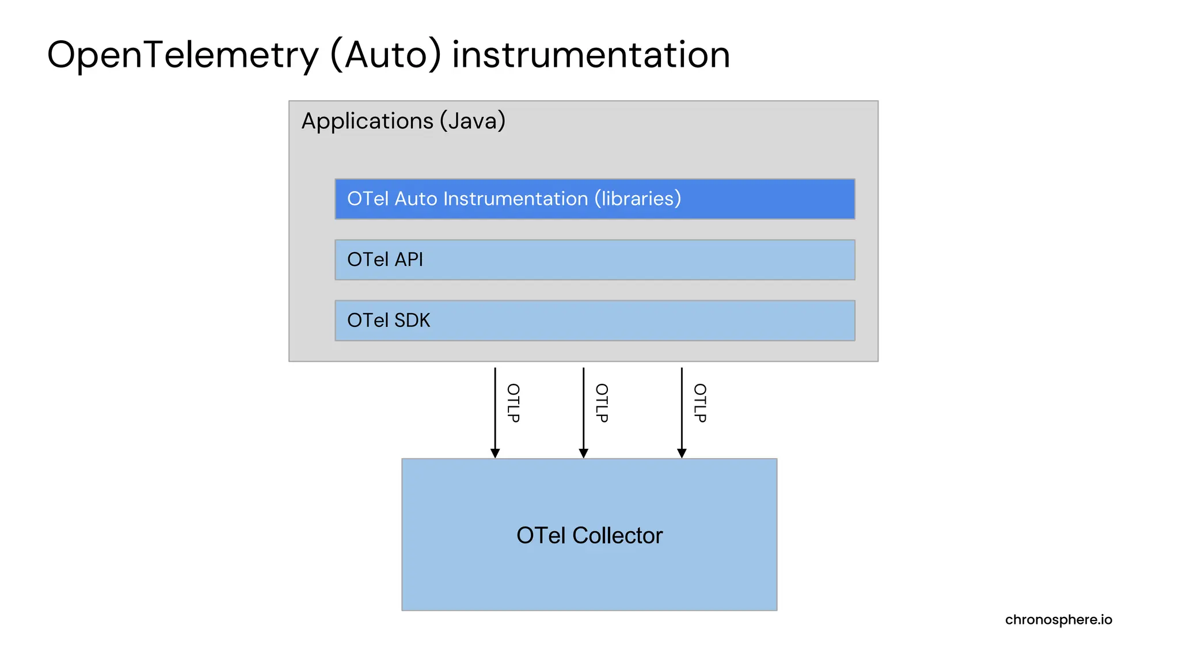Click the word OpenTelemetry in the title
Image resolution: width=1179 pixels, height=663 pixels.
[182, 56]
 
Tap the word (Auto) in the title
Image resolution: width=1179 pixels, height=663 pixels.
[386, 56]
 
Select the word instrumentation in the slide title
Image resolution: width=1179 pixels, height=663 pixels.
[591, 56]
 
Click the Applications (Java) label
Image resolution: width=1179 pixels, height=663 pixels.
[403, 121]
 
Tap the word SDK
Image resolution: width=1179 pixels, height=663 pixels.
[412, 321]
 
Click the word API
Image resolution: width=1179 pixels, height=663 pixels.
[409, 260]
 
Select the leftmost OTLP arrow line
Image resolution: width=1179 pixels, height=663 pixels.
[495, 409]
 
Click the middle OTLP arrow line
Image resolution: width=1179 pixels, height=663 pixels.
[583, 409]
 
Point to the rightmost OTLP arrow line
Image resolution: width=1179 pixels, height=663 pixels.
[682, 409]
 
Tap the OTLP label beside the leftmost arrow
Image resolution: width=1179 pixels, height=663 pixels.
[513, 403]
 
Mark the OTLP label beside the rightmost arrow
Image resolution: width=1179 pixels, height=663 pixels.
[699, 403]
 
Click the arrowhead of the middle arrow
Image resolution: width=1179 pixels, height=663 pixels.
[583, 454]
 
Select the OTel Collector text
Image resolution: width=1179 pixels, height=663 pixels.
[589, 536]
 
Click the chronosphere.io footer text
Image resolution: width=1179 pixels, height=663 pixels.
[1058, 620]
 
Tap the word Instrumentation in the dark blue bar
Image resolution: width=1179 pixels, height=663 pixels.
[515, 199]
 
